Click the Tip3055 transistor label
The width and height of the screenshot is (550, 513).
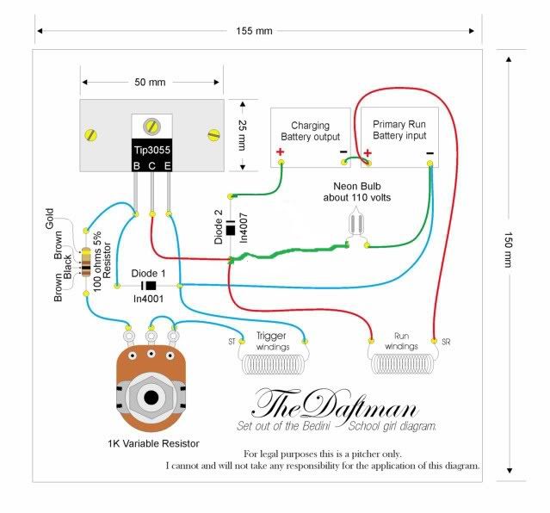151,150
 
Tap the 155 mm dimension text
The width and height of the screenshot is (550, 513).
254,31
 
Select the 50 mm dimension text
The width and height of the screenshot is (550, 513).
150,82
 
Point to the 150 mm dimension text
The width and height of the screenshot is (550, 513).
509,250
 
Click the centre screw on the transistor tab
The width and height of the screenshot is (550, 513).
151,126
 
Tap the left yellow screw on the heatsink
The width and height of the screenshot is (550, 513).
91,135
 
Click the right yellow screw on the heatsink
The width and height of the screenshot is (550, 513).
213,135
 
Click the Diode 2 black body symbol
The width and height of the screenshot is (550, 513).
231,228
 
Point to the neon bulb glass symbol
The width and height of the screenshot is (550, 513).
357,223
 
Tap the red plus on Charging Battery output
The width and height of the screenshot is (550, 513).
280,152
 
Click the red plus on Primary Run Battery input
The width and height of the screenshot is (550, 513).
368,153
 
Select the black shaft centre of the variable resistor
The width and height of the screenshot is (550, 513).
151,398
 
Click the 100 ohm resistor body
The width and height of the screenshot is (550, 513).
86,263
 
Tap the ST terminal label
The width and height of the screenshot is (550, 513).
232,342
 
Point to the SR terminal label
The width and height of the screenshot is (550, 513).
446,342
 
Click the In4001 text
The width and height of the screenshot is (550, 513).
148,299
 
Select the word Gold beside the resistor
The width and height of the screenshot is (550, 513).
49,219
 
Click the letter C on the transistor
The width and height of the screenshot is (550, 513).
151,166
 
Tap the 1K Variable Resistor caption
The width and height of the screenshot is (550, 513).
153,443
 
